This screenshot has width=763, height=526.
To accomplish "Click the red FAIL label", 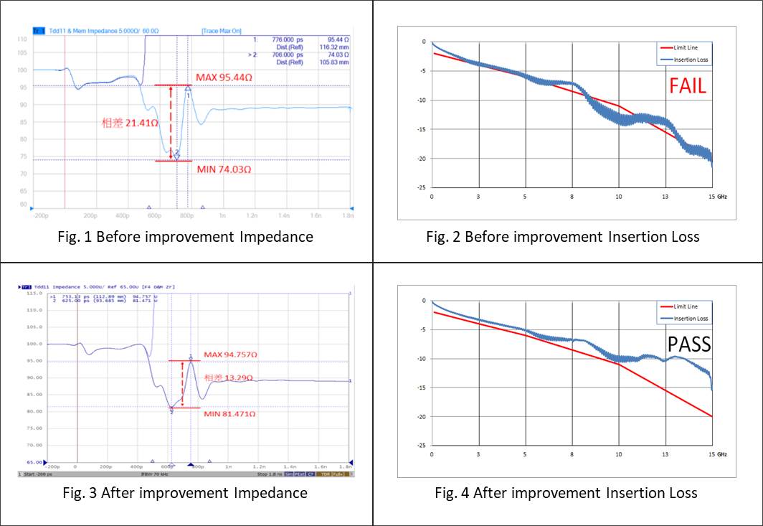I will pos(688,86).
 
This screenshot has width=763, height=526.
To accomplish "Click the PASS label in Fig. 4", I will pos(689,344).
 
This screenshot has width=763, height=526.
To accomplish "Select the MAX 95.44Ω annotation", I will pos(224,76).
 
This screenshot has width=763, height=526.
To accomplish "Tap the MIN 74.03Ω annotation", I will pos(224,169).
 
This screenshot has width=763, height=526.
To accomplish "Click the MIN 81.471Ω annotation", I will pos(232,414).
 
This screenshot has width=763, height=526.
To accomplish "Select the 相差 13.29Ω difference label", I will pos(232,378).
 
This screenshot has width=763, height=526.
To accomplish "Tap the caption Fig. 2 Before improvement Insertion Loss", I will pos(566,236).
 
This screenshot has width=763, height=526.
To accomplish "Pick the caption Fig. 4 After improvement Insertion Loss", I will pos(566,492).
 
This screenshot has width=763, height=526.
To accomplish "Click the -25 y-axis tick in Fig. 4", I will pos(423,446).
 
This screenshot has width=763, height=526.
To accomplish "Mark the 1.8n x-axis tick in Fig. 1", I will pos(347,215).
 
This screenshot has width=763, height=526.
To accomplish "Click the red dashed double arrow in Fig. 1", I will pos(171,121).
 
